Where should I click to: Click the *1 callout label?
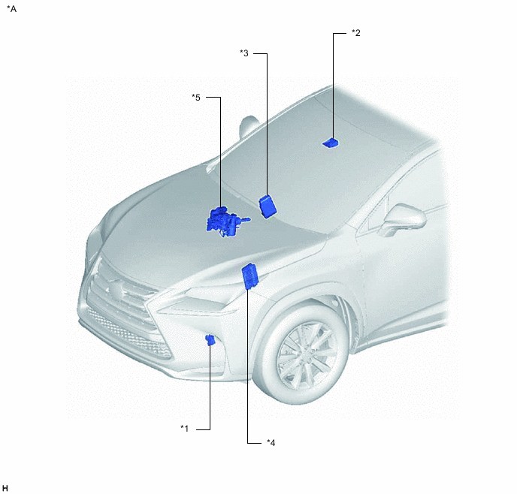pyautogui.click(x=185, y=429)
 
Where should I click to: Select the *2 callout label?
pyautogui.click(x=356, y=33)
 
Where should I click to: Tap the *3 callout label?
pyautogui.click(x=244, y=53)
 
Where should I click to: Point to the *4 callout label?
pyautogui.click(x=271, y=443)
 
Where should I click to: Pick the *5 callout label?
pyautogui.click(x=196, y=98)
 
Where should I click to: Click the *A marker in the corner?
pyautogui.click(x=11, y=9)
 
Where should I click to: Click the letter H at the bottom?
pyautogui.click(x=5, y=488)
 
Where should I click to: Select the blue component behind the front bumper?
pyautogui.click(x=210, y=340)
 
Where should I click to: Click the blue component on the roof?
pyautogui.click(x=331, y=143)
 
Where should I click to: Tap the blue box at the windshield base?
pyautogui.click(x=268, y=206)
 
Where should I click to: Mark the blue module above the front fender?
pyautogui.click(x=250, y=276)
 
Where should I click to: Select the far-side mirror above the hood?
pyautogui.click(x=248, y=127)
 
